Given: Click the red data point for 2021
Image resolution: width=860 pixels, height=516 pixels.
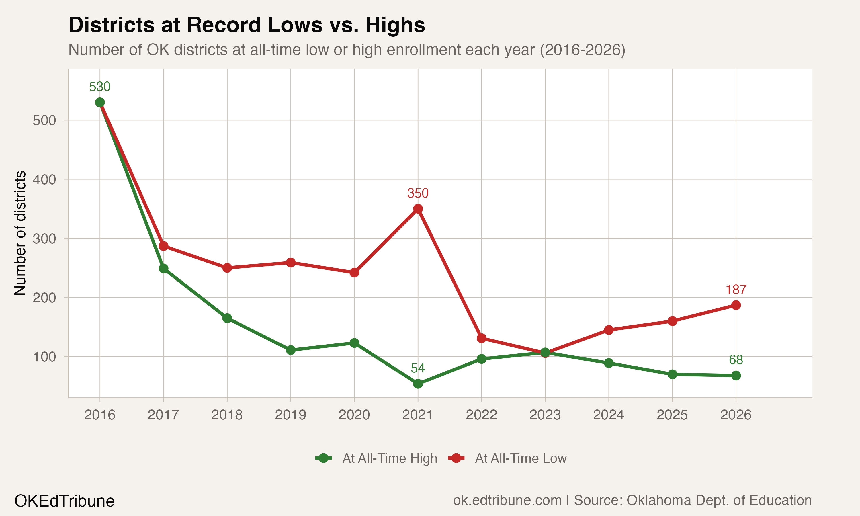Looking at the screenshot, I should point(418,209).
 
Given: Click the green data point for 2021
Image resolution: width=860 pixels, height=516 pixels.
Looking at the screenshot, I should point(418,384).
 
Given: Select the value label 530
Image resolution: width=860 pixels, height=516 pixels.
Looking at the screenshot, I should point(100,87).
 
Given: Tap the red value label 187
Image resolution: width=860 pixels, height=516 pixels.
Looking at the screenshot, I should point(736,290).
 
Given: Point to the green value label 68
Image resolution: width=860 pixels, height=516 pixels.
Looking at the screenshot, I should point(736,360).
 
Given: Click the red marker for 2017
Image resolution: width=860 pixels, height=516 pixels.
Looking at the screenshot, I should point(163,246).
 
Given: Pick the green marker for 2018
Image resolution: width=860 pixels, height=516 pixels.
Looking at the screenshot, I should point(227,318).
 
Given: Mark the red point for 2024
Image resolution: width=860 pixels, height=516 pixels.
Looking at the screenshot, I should point(609,330).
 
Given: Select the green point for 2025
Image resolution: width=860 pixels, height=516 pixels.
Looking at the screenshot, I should point(672,374).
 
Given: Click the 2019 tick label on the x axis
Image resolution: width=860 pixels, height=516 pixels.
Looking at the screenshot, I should point(291,415).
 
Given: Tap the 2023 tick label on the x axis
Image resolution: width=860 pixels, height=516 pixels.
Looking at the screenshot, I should point(545,415).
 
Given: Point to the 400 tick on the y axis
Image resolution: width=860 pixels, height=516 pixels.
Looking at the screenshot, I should point(44,180).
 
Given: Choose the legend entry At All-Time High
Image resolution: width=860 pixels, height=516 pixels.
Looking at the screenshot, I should point(389,458).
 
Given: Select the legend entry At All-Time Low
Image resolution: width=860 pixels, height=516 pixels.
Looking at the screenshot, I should point(521,458).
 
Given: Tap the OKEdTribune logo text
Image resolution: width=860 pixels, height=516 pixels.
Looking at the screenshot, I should point(64,501).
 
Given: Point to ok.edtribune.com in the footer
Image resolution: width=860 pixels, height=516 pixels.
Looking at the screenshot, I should point(507,500).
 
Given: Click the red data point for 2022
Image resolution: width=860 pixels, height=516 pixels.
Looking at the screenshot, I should point(481,338).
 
